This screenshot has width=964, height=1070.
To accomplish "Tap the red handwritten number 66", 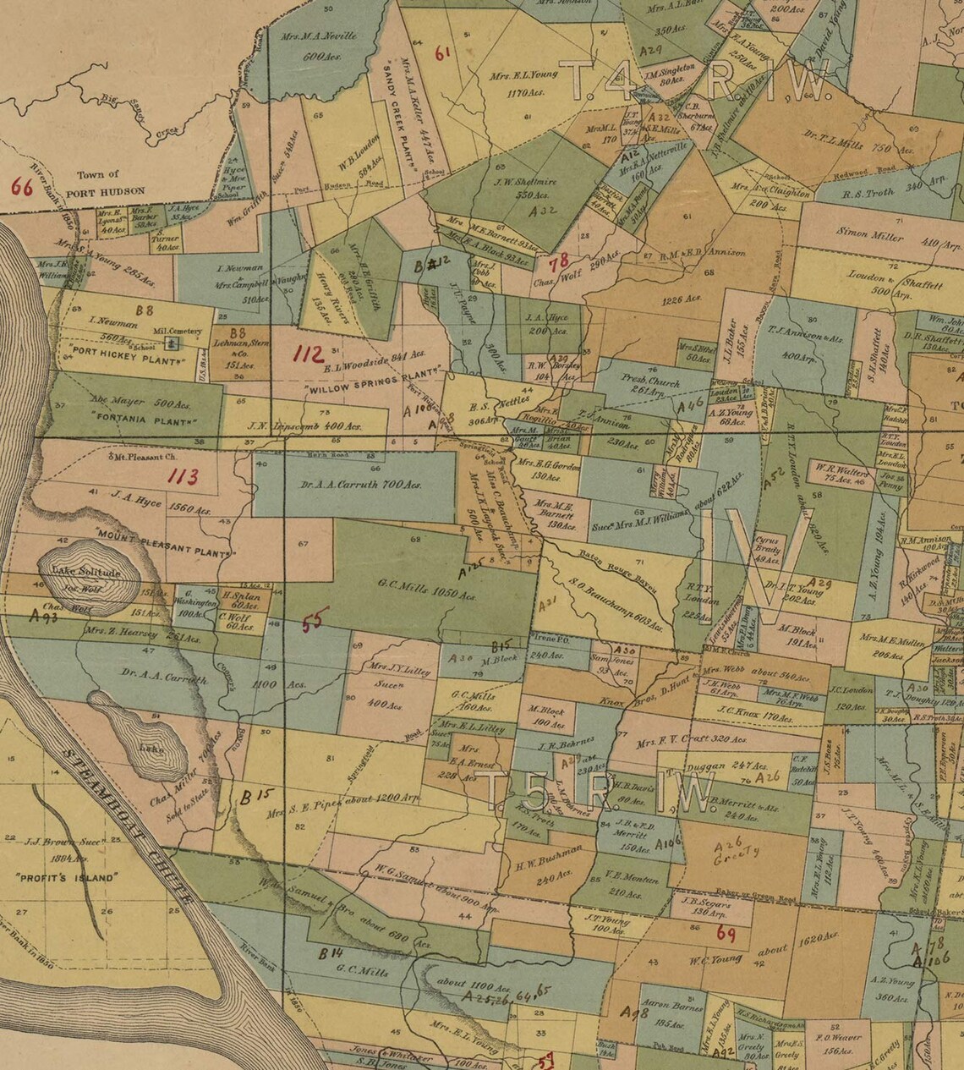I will click(21, 187).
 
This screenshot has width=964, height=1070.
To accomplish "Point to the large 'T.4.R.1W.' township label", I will click(698, 80).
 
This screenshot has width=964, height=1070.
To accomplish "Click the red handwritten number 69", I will click(725, 934).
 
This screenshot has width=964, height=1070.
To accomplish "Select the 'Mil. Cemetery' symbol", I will click(173, 343).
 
